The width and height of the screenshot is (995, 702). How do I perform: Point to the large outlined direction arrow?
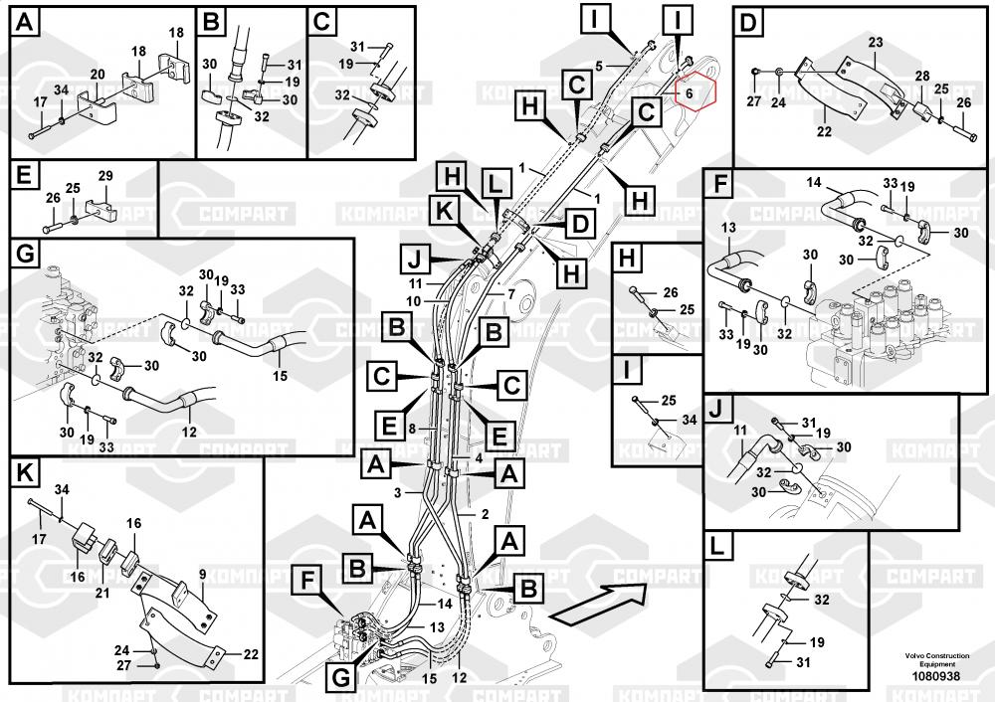[598, 603]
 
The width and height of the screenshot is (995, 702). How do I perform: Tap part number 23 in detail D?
[875, 42]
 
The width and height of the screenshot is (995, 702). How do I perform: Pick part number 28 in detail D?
[922, 77]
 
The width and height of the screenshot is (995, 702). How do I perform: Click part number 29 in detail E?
[105, 176]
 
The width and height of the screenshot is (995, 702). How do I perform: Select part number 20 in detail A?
[98, 74]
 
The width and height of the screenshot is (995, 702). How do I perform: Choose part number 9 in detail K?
[202, 574]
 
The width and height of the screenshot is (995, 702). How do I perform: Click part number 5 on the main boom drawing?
[599, 66]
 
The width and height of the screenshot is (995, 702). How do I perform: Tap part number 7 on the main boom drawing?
[510, 295]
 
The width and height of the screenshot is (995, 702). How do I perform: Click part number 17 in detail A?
[41, 101]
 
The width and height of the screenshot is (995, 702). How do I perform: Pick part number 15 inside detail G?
[280, 376]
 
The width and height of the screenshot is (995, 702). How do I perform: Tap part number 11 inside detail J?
[739, 430]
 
